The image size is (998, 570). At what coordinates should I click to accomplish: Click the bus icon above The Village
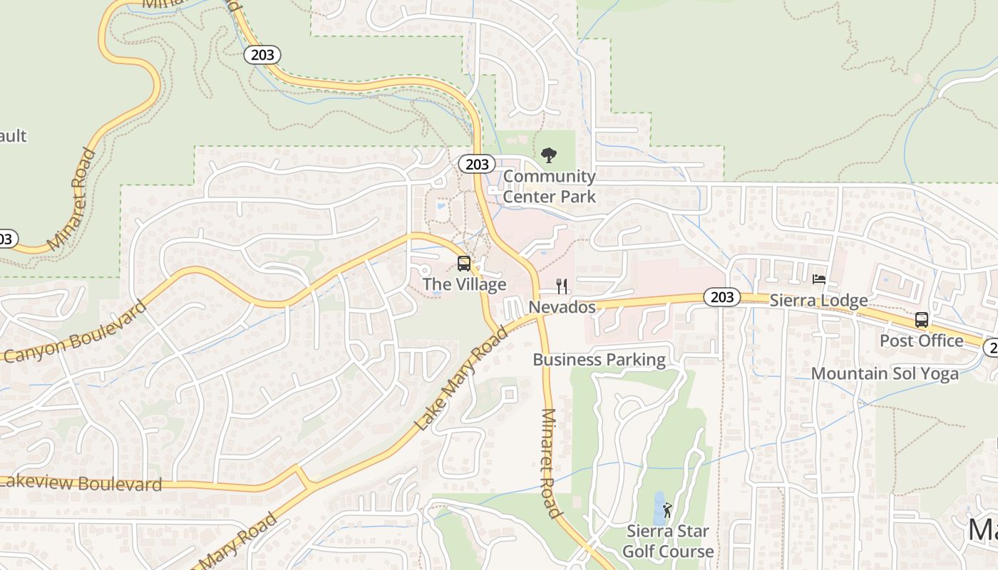(x=463, y=264)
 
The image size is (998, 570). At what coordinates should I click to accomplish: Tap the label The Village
(x=464, y=284)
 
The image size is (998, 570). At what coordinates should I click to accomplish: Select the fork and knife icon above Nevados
(x=562, y=286)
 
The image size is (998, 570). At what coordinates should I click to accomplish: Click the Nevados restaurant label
(x=562, y=307)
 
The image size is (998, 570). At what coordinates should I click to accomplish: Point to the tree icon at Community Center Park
(x=548, y=155)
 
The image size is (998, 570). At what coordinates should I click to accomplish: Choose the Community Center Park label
(x=549, y=186)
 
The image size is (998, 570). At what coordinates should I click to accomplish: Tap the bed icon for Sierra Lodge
(x=819, y=279)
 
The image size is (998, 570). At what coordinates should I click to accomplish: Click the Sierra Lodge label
(x=818, y=300)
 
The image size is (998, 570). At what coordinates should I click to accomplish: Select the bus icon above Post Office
(x=922, y=319)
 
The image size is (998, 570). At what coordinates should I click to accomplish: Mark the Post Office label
(x=921, y=341)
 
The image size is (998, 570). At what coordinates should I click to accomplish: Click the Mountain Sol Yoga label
(x=885, y=373)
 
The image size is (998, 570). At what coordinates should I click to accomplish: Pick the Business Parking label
(x=599, y=360)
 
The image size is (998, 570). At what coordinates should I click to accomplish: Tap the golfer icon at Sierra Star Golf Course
(x=667, y=510)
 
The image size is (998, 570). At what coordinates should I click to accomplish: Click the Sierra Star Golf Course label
(x=668, y=541)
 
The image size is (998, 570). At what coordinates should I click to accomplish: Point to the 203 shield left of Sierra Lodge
(x=722, y=297)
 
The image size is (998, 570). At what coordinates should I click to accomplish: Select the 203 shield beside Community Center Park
(x=477, y=165)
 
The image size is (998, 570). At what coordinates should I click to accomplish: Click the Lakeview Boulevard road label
(x=81, y=484)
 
